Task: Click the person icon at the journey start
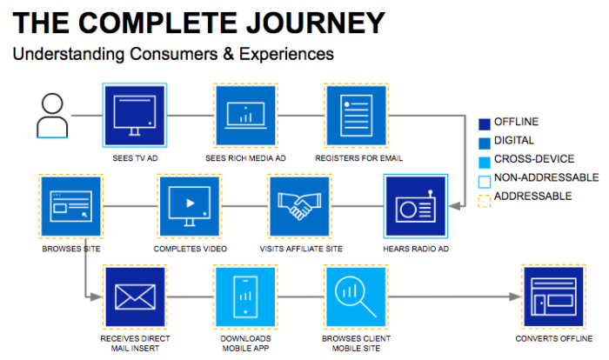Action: [52, 116]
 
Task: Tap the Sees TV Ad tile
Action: [135, 116]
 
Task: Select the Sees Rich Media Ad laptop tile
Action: [245, 116]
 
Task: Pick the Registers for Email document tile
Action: [356, 116]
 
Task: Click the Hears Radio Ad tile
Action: [416, 206]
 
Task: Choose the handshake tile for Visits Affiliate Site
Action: [299, 206]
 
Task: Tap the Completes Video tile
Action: [190, 206]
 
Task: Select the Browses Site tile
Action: [71, 206]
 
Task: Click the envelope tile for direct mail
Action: [135, 297]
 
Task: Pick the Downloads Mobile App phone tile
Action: [245, 297]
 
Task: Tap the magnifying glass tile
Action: [356, 297]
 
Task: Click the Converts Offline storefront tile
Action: [553, 297]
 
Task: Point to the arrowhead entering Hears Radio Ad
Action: [455, 206]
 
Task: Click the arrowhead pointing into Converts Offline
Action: [515, 297]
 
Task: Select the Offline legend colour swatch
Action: [485, 124]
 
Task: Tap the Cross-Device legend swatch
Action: [485, 163]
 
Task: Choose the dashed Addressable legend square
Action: [485, 201]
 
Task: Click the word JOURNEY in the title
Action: [316, 23]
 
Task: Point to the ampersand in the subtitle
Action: [228, 54]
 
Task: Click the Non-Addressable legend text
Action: [546, 177]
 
